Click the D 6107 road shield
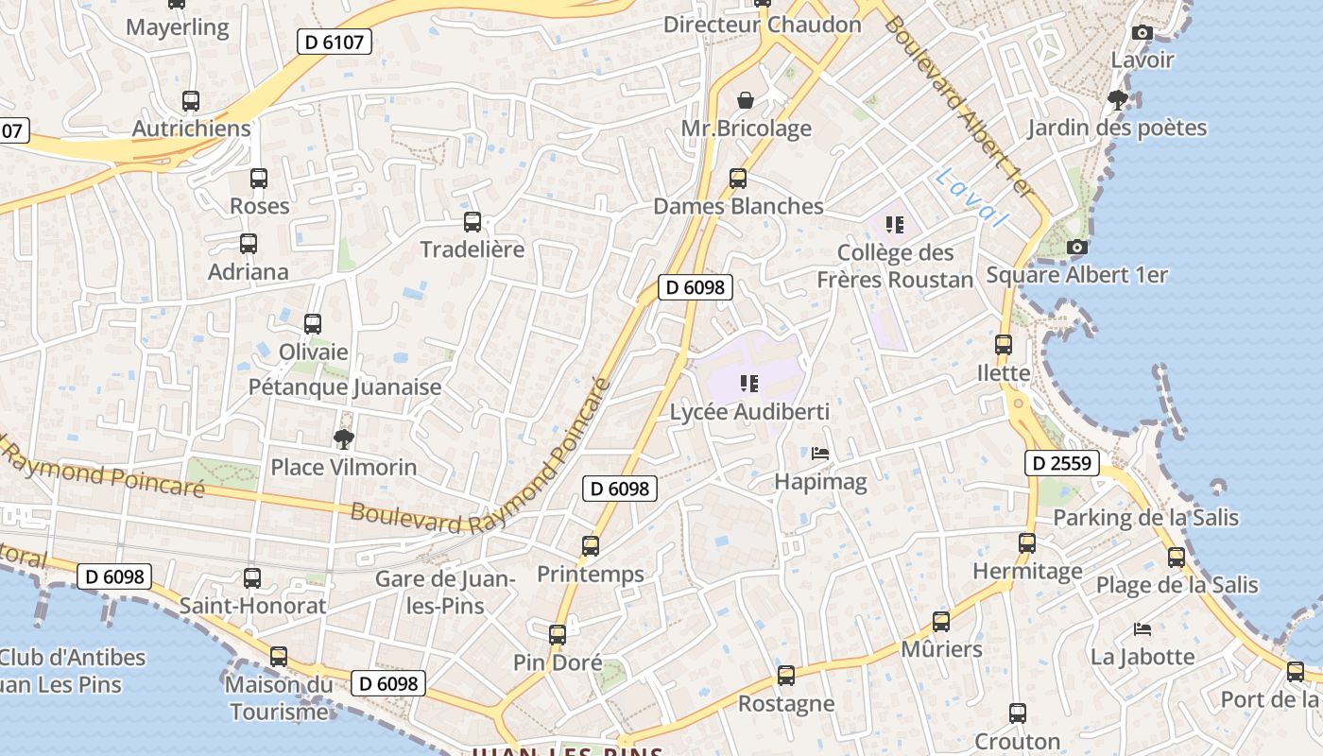335,42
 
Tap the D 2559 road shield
1061,463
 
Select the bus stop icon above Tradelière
472,222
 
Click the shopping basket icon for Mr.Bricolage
746,100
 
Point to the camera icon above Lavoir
1142,33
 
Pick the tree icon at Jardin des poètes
1118,99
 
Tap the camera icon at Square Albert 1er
1076,248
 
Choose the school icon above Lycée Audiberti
749,383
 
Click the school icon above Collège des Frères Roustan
895,225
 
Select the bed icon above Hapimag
820,455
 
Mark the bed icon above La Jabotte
1143,629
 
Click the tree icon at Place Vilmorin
344,438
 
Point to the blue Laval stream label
968,197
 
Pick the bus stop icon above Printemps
591,545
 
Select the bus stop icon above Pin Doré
558,634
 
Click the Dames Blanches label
738,206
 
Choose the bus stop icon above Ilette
1004,345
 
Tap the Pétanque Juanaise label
345,387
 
